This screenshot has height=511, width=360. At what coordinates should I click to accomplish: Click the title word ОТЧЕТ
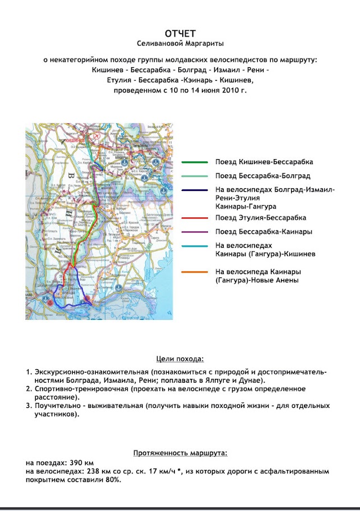[181, 34]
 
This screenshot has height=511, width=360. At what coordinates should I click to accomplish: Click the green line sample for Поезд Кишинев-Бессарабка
[195, 162]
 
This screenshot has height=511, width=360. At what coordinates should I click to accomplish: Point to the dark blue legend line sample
[195, 190]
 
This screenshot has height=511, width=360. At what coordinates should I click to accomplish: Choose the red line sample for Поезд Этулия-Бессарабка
[195, 217]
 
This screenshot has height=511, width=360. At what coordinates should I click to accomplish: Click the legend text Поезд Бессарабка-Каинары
[264, 231]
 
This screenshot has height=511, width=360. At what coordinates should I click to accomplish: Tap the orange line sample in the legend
[195, 272]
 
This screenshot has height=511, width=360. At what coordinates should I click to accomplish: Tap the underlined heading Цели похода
[179, 359]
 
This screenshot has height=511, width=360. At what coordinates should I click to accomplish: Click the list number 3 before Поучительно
[27, 406]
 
